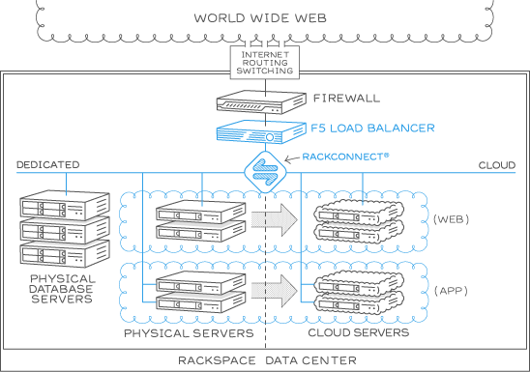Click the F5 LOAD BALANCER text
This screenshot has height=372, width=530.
pos(373,128)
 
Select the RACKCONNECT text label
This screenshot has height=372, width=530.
pos(345,155)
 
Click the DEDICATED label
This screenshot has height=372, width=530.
pos(48,165)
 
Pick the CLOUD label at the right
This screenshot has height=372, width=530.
pos(497,165)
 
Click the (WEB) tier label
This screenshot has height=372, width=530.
pos(452,220)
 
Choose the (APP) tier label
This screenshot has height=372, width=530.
pos(452,290)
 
